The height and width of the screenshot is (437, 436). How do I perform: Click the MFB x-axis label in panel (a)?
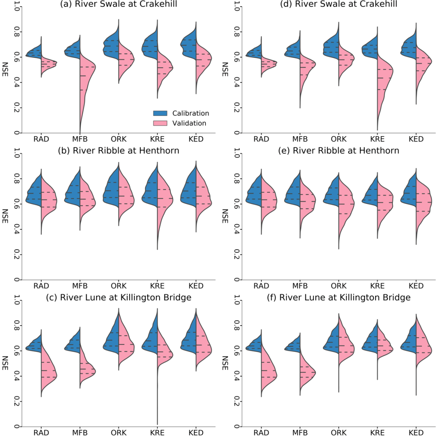click(x=80, y=139)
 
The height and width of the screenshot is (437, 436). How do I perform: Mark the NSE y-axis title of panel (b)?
click(x=5, y=216)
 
